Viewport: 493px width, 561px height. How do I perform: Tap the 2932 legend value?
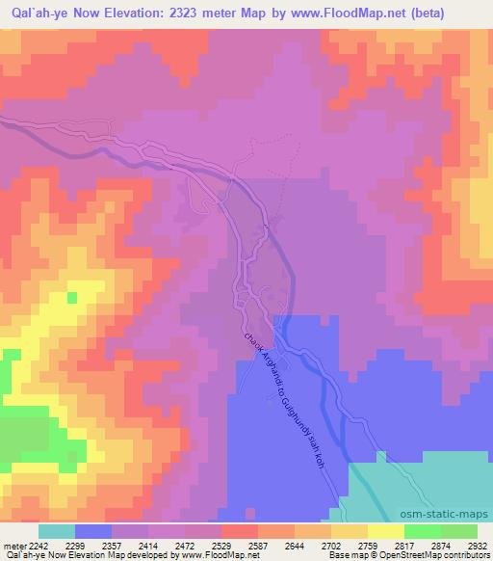[x=476, y=546]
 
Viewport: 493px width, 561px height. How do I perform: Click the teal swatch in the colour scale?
[x=56, y=531]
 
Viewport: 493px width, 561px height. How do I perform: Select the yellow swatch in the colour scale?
[x=385, y=531]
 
